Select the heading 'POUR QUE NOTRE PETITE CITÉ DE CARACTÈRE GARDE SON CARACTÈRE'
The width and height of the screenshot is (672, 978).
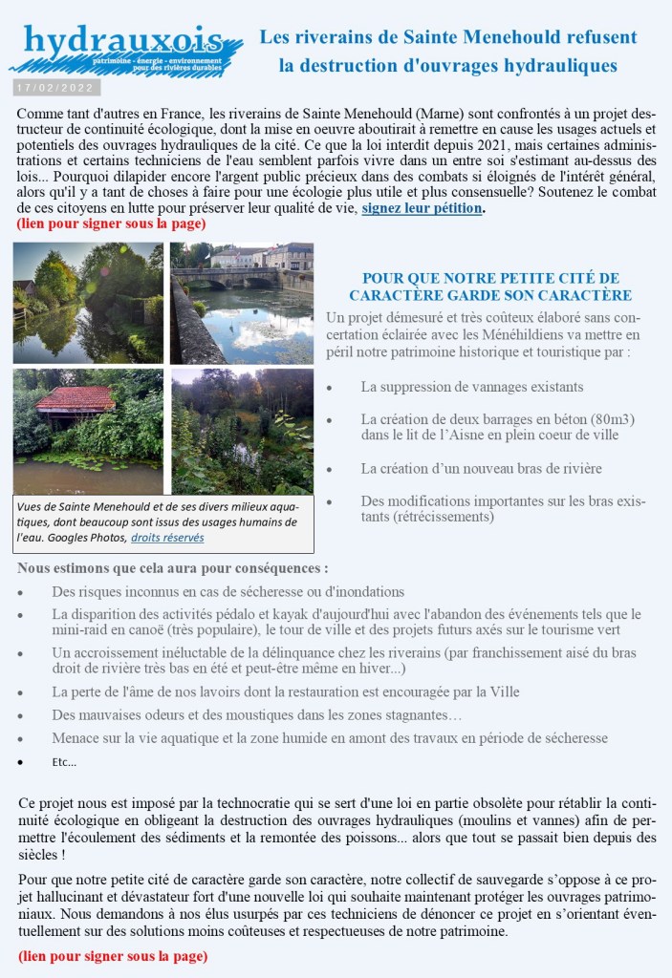click(489, 287)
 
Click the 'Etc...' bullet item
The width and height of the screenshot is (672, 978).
click(64, 762)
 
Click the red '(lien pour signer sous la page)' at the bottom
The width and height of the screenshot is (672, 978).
click(112, 955)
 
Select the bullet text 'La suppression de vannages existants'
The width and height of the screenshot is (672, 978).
click(472, 387)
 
